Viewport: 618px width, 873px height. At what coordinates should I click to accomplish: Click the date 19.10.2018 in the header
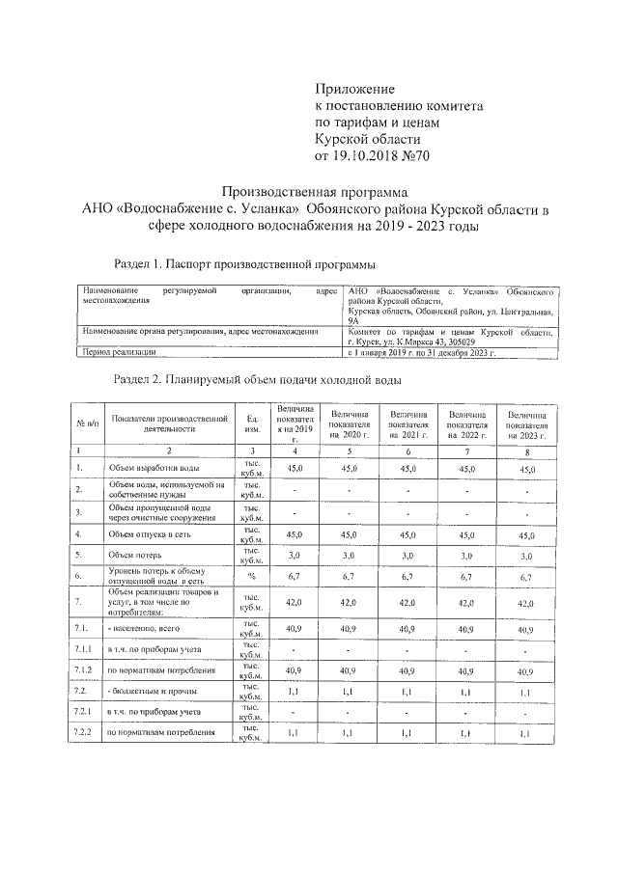[x=372, y=154]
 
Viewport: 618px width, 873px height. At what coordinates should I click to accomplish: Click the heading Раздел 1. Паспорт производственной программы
[x=244, y=262]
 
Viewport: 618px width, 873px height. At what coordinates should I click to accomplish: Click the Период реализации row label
[x=121, y=354]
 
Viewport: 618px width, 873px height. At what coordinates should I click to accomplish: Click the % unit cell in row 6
[x=251, y=577]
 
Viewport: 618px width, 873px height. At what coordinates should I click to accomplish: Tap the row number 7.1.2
[x=83, y=668]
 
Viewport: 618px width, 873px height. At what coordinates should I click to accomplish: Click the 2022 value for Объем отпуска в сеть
[x=467, y=534]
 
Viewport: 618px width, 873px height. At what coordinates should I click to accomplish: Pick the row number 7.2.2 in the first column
[x=83, y=733]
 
